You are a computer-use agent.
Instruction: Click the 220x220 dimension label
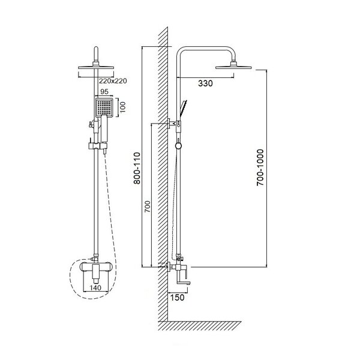coord(113,81)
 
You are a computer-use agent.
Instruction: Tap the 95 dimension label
coord(104,92)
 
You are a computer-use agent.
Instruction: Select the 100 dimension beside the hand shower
coord(123,107)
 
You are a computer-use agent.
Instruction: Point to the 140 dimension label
coord(95,287)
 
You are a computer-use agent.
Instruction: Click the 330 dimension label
coord(205,83)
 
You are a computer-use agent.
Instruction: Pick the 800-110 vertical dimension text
coord(137,168)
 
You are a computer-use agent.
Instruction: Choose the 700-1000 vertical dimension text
coord(260,167)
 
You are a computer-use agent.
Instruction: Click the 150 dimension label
coord(177,298)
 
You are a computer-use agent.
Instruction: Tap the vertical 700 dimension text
coord(148,206)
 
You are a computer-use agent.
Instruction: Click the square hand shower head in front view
coord(104,107)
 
